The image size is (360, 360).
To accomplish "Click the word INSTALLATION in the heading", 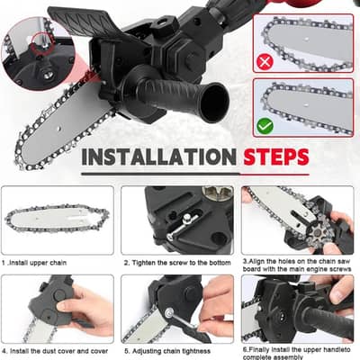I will pos(157,157).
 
